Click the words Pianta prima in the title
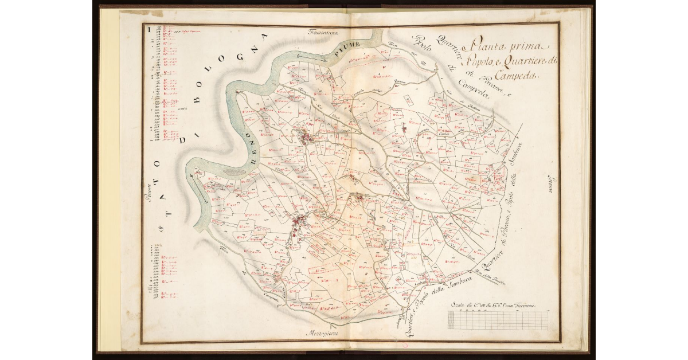509,44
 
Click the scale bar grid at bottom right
497,320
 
